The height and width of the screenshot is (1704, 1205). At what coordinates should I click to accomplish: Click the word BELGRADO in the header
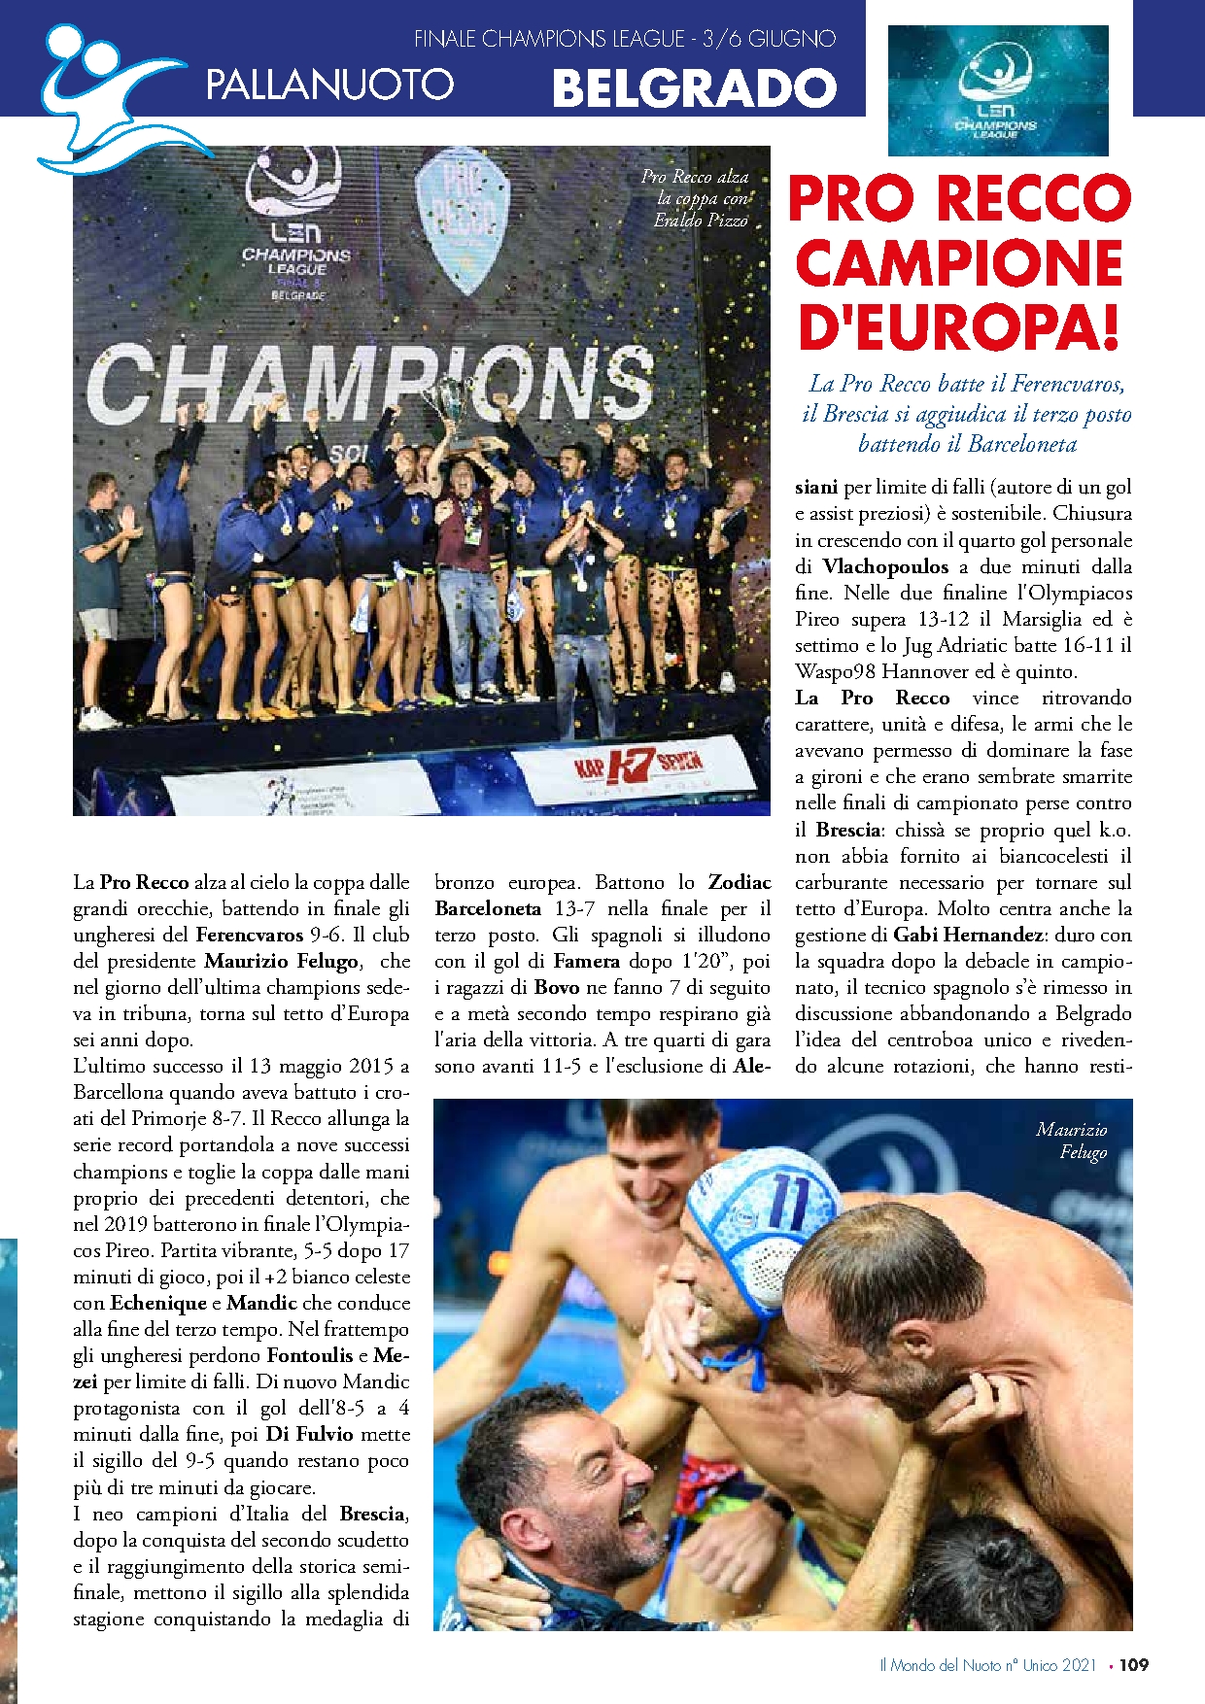(694, 87)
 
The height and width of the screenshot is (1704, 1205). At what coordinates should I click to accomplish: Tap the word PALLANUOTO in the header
(329, 85)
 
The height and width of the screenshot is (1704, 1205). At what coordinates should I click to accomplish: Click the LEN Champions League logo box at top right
(998, 90)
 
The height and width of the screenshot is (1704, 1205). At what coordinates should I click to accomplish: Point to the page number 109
(1133, 1664)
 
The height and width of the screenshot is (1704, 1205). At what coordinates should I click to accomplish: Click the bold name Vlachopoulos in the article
(885, 566)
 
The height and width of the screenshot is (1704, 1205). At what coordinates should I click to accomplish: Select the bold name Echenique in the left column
(158, 1303)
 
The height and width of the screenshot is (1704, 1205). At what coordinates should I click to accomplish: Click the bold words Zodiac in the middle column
(740, 882)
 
